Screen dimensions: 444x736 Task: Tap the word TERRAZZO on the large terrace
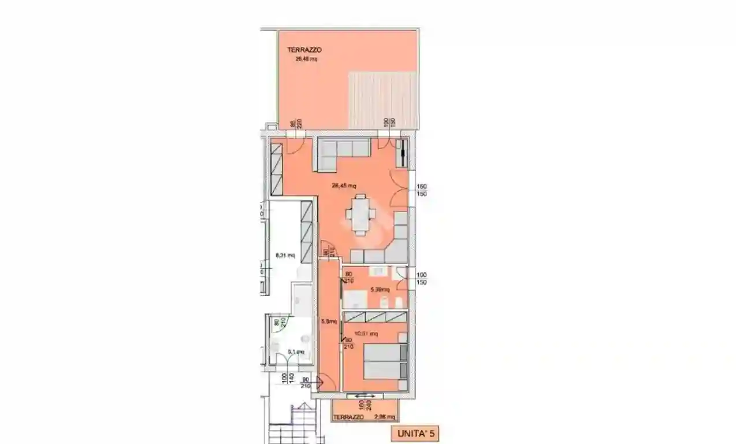[304, 50]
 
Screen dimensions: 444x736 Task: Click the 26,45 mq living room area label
[344, 186]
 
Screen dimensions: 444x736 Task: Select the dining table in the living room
[360, 214]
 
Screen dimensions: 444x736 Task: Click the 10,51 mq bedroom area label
[366, 334]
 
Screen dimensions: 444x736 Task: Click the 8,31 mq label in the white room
[285, 255]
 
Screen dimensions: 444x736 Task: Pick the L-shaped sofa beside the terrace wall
[341, 153]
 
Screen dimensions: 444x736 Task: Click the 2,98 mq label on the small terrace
[385, 417]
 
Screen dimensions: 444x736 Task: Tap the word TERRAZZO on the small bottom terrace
[350, 417]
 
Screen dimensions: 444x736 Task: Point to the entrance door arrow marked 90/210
[321, 382]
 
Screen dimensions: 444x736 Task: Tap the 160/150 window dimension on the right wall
[421, 190]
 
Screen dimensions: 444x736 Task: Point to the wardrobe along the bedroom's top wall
[375, 316]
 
